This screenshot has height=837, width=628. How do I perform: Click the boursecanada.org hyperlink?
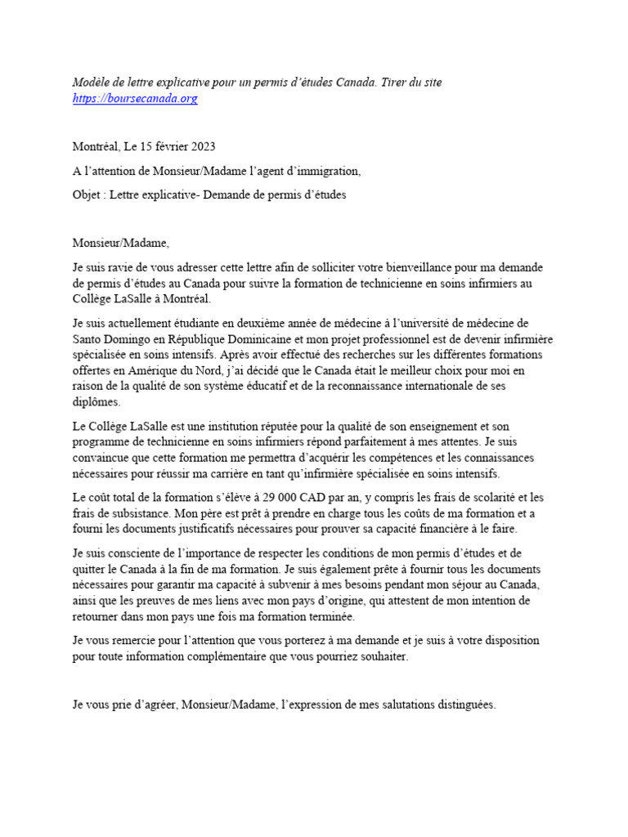click(x=135, y=99)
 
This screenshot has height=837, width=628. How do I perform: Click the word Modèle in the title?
click(x=91, y=83)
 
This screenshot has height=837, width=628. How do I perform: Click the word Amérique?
click(x=141, y=370)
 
